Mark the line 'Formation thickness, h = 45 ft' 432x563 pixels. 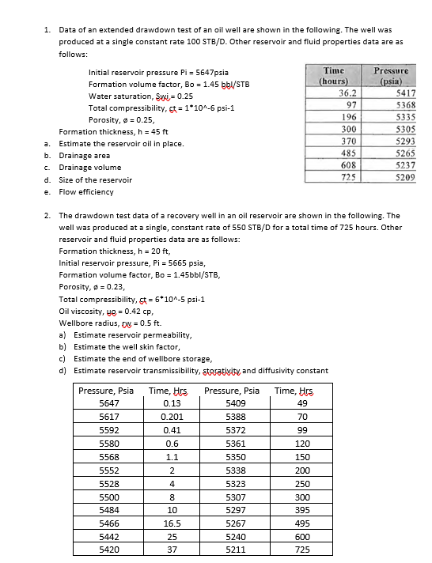coord(110,131)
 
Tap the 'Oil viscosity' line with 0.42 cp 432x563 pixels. coord(109,311)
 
